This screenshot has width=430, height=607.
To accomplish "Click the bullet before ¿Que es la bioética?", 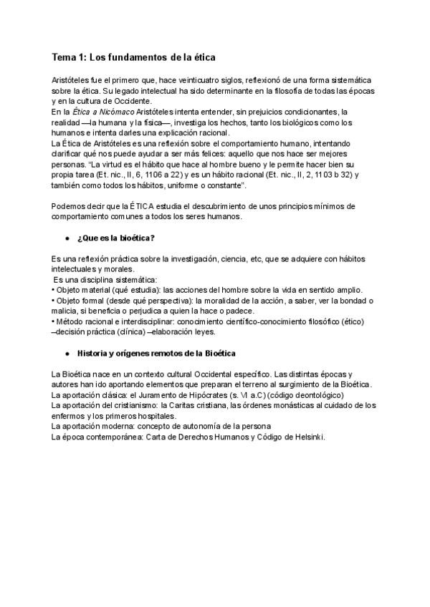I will pyautogui.click(x=67, y=238).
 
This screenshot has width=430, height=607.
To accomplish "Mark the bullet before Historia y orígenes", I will pyautogui.click(x=67, y=354).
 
